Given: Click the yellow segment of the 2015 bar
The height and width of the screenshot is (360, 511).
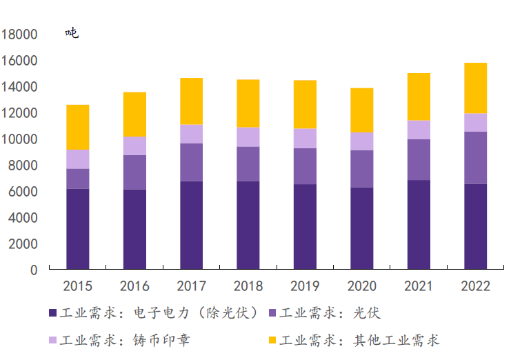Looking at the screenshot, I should click(78, 128).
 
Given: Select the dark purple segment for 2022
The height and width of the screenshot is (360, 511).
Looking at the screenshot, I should click(475, 226).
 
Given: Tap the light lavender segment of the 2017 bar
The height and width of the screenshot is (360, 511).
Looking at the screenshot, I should click(192, 134).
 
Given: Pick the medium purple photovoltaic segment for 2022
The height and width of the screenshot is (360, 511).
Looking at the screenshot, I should click(475, 158).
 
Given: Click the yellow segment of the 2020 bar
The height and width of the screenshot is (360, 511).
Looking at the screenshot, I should click(362, 110).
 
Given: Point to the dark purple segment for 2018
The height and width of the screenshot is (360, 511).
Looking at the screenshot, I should click(248, 225).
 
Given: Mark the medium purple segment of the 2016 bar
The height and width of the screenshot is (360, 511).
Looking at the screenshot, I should click(134, 172).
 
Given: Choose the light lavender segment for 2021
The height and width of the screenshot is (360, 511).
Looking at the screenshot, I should click(419, 130).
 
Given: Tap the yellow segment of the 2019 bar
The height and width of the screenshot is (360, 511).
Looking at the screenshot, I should click(305, 105).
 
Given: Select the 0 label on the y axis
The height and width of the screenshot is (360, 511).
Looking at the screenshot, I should click(33, 270).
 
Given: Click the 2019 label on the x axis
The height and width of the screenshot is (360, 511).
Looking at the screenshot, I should click(305, 286).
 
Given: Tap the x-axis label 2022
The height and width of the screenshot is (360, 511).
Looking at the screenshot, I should click(475, 286).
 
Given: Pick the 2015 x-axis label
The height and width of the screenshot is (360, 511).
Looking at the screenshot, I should click(78, 286).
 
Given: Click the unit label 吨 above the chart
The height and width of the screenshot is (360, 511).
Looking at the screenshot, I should click(72, 33).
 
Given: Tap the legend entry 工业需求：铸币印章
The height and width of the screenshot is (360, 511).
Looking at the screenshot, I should click(121, 341).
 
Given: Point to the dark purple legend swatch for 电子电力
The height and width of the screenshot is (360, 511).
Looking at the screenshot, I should click(52, 314).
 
